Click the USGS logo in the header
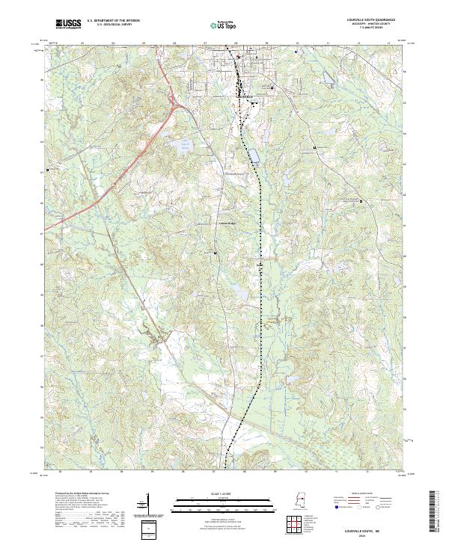[x=68, y=25]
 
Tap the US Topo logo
[x=222, y=25]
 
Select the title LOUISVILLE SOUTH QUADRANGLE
[x=369, y=20]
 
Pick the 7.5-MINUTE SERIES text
[x=369, y=28]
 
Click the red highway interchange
[x=174, y=105]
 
